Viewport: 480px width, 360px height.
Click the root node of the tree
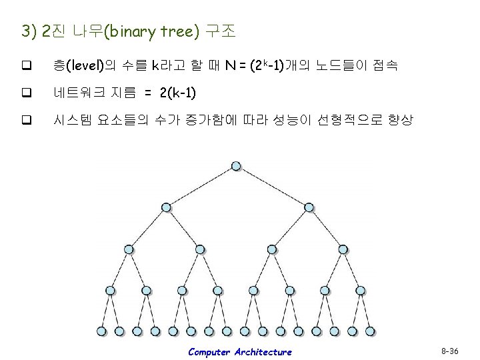coord(236,166)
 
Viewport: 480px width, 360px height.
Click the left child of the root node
coord(164,207)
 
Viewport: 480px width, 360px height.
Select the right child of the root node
coord(307,207)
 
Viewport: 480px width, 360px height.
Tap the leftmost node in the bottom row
coord(101,331)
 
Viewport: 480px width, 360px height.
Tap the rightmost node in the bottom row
coord(370,331)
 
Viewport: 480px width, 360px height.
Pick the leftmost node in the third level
coord(128,249)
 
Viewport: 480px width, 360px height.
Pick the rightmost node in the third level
coord(343,249)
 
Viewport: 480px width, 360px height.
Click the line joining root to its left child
coord(200,187)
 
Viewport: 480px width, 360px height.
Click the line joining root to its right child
coord(272,187)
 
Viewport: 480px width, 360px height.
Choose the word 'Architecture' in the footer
coord(263,351)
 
